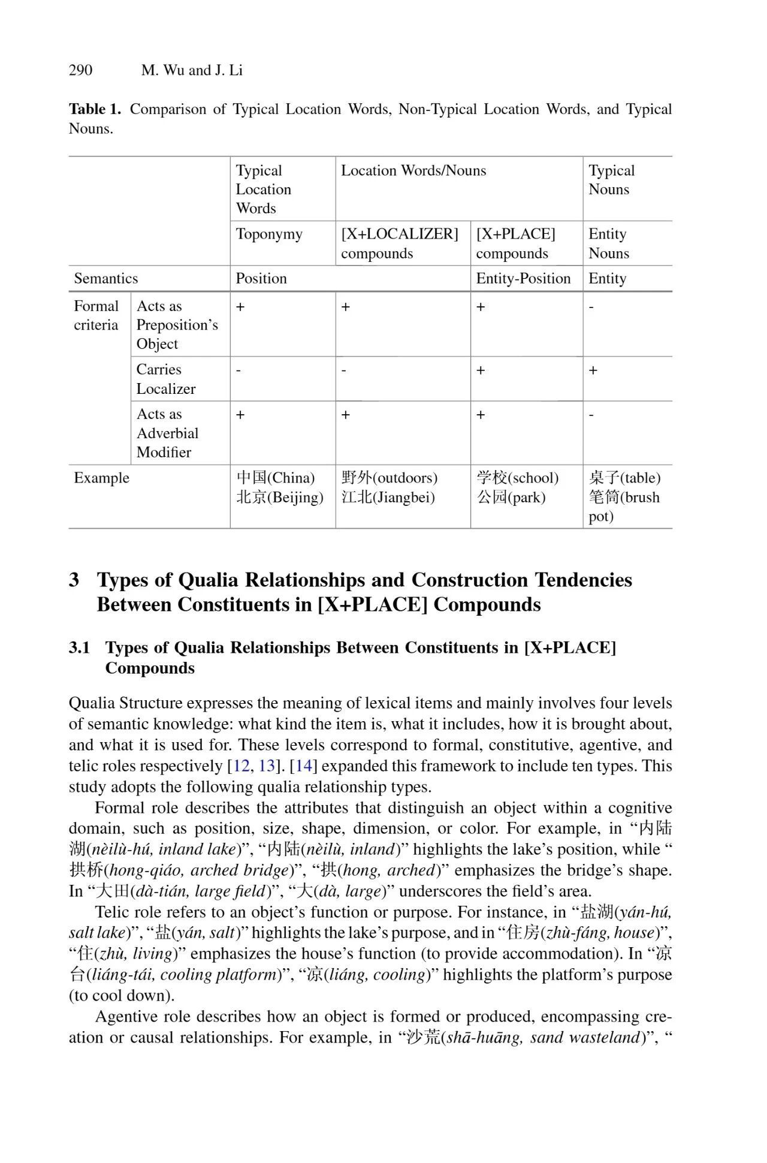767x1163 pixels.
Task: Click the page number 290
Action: [80, 71]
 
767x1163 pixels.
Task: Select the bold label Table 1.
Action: [95, 109]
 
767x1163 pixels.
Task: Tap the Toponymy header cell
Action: [269, 234]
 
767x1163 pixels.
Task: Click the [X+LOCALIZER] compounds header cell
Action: [400, 243]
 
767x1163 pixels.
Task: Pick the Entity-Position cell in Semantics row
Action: [523, 278]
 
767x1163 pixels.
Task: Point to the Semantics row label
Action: [106, 278]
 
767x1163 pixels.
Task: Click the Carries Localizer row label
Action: [166, 379]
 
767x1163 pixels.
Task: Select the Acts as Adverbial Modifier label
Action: [167, 433]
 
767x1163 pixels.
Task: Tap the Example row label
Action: [101, 478]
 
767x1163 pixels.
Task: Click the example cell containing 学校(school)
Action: [518, 478]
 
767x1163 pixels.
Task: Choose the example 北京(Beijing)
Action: [280, 497]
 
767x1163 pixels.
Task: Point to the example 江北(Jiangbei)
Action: [388, 497]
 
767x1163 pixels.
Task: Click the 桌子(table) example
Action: [624, 478]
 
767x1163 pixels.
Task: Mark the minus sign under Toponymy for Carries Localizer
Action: [238, 370]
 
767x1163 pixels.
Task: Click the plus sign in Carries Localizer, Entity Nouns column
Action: [593, 370]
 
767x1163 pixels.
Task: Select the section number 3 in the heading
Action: [74, 580]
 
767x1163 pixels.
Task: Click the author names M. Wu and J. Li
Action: [192, 71]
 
